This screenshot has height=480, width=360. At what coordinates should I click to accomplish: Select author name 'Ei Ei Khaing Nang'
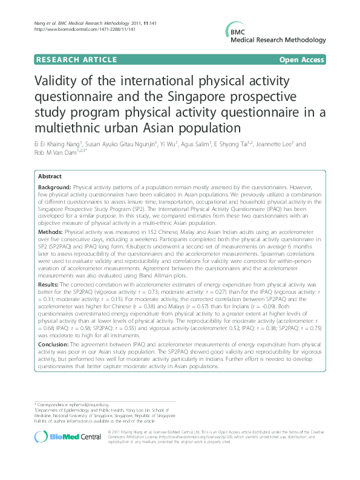(61, 144)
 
